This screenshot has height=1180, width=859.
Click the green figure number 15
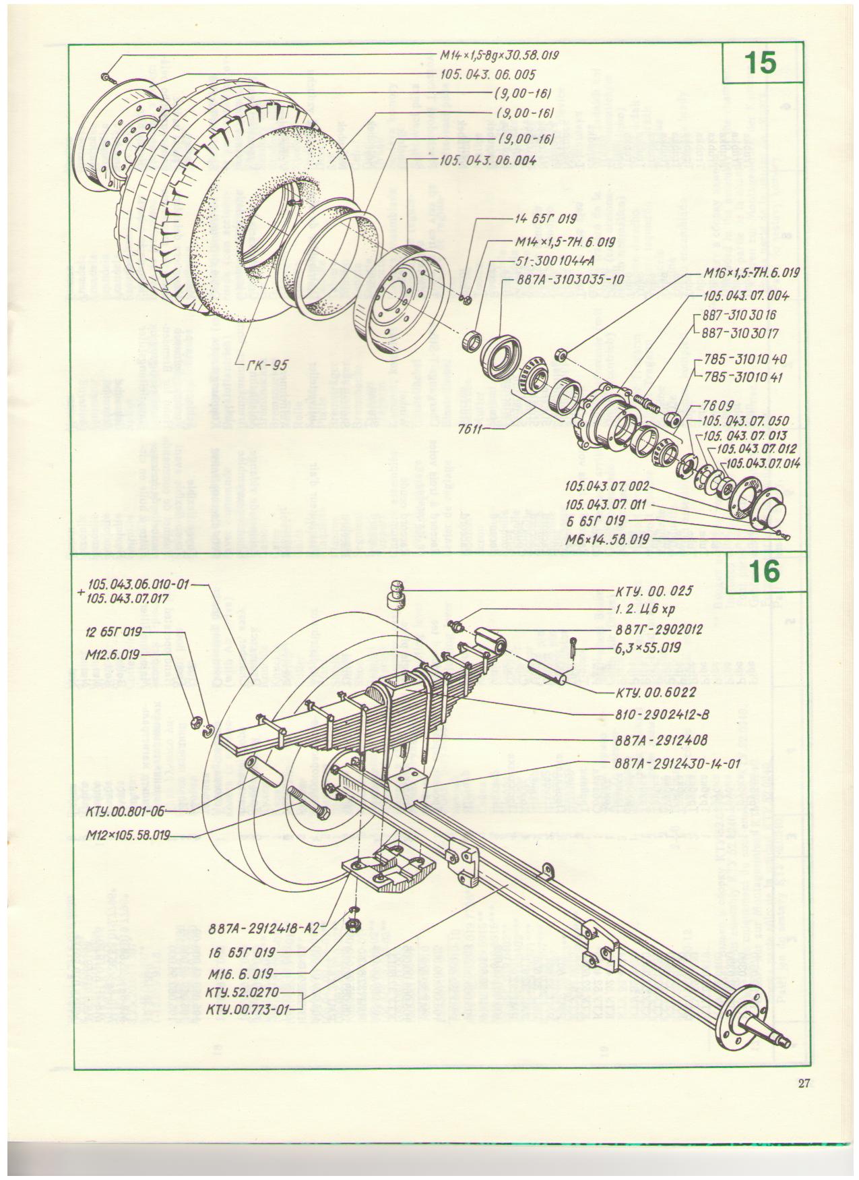pyautogui.click(x=761, y=63)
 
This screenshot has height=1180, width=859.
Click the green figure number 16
pyautogui.click(x=763, y=572)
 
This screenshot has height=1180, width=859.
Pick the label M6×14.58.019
pyautogui.click(x=607, y=539)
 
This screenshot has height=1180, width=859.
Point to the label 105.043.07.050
pyautogui.click(x=745, y=421)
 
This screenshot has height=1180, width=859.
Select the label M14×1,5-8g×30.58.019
pyautogui.click(x=499, y=54)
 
